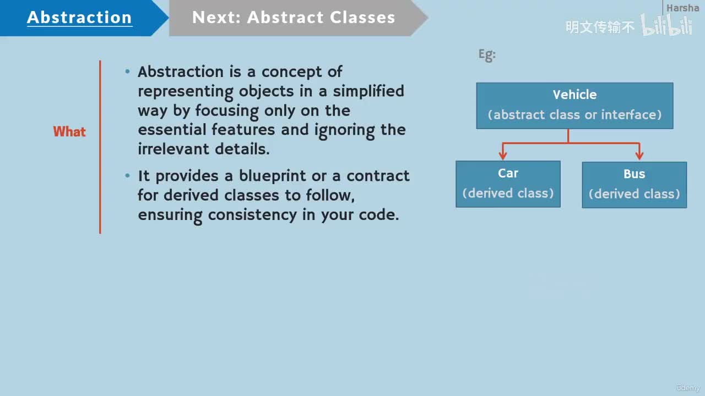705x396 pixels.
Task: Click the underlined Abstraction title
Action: [79, 18]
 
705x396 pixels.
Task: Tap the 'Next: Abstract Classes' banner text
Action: [294, 17]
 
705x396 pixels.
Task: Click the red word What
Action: [69, 131]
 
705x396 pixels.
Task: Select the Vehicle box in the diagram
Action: [574, 106]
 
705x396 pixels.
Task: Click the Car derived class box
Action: [508, 184]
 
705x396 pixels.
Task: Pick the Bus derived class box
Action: [634, 185]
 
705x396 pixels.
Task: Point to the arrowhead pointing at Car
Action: [503, 155]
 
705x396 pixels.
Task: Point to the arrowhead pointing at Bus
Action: [639, 155]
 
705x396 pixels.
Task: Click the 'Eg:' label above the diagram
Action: [487, 55]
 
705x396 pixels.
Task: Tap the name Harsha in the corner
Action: [682, 8]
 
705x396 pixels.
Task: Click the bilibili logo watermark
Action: [666, 25]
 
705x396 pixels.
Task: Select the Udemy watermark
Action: [688, 388]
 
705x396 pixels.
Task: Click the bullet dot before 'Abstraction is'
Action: [127, 71]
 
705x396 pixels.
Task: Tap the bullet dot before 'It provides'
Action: [127, 175]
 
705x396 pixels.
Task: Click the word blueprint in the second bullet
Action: [272, 177]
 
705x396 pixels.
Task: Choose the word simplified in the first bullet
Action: [368, 91]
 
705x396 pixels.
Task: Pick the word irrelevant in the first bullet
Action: [173, 149]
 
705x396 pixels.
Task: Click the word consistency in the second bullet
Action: [252, 215]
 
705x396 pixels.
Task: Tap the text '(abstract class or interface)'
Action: [574, 115]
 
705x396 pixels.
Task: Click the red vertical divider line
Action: [100, 147]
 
